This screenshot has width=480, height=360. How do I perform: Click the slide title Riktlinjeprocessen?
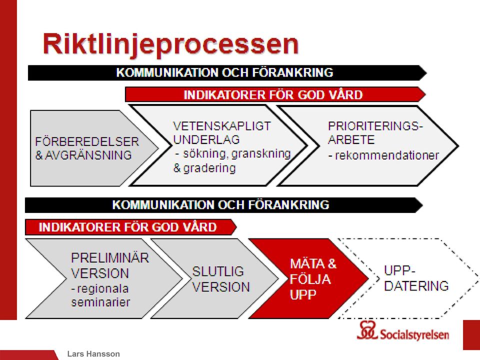[170, 44]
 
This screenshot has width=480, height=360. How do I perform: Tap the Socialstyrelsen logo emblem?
[367, 330]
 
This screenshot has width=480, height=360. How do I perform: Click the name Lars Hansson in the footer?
[93, 354]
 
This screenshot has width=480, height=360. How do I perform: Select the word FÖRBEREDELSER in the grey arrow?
[87, 141]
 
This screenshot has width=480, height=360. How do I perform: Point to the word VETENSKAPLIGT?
[222, 126]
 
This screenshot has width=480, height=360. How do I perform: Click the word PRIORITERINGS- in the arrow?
[375, 126]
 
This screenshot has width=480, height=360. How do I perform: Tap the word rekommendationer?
[387, 155]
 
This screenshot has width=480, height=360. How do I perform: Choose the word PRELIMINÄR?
[110, 258]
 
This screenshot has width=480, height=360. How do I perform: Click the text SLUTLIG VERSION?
[220, 279]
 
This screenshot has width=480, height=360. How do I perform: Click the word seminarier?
[100, 302]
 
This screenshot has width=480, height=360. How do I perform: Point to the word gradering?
[209, 168]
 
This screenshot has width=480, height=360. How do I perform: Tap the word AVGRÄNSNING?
[88, 155]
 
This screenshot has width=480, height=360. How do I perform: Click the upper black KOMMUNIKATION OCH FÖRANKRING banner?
[227, 73]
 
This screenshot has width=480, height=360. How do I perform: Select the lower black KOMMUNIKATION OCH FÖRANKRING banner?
[224, 205]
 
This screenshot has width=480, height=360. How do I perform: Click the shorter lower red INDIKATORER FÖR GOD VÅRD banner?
[130, 227]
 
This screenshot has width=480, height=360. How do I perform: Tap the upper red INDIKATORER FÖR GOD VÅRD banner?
[275, 94]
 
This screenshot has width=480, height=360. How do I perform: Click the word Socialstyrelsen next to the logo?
[414, 334]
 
